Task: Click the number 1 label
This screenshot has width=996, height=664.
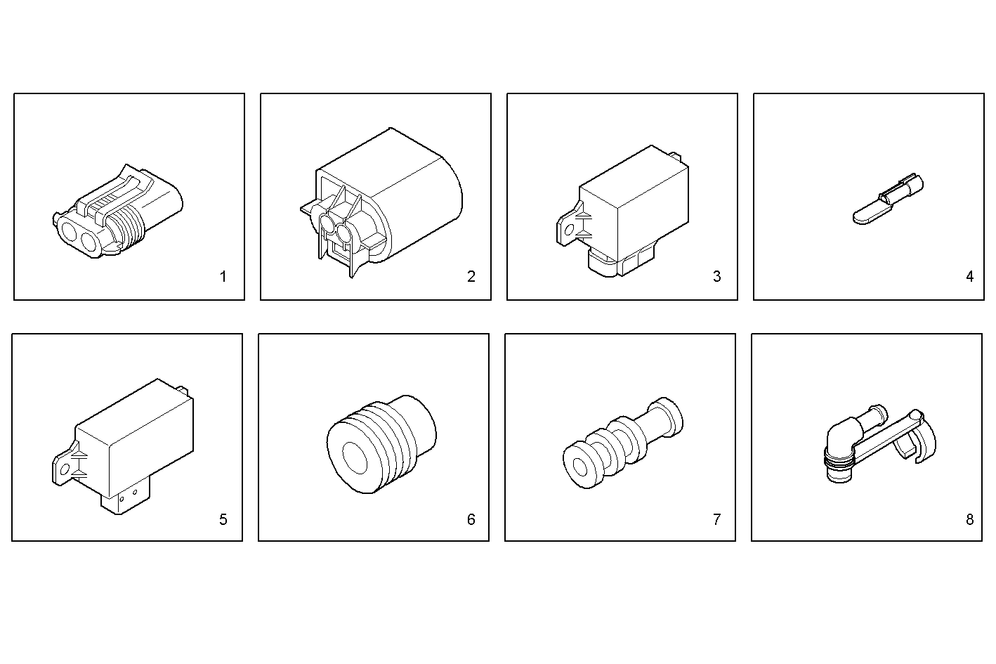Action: point(223,277)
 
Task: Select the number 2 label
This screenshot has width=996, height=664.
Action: point(471,277)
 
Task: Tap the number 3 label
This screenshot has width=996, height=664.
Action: point(716,277)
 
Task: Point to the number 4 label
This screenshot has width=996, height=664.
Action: point(969,277)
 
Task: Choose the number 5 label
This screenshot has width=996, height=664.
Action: point(223,520)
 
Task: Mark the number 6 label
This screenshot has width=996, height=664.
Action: point(471,520)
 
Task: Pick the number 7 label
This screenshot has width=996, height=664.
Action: point(716,520)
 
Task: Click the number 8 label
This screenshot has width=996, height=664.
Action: point(969,520)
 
